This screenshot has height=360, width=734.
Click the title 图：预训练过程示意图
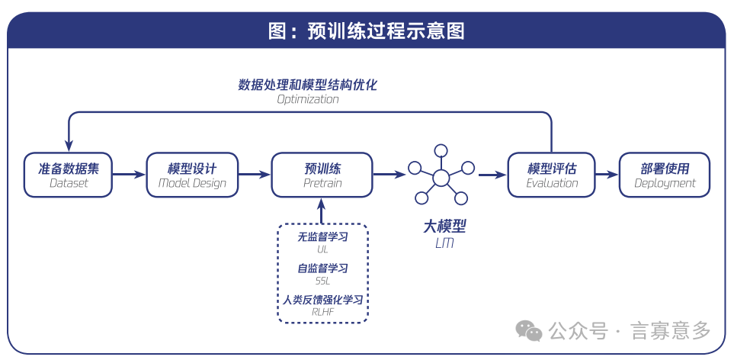pyautogui.click(x=367, y=31)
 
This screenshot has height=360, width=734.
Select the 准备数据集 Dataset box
pyautogui.click(x=69, y=175)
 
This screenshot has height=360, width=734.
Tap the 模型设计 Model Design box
pyautogui.click(x=192, y=175)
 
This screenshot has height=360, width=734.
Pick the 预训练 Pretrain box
pyautogui.click(x=322, y=175)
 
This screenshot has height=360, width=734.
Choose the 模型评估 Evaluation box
pyautogui.click(x=552, y=175)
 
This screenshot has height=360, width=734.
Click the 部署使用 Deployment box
pyautogui.click(x=665, y=175)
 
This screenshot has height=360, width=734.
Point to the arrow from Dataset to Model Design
pyautogui.click(x=129, y=175)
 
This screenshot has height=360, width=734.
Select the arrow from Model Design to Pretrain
pyautogui.click(x=255, y=175)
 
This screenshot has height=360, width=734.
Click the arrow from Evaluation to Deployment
pyautogui.click(x=607, y=175)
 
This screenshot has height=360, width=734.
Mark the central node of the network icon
pyautogui.click(x=441, y=178)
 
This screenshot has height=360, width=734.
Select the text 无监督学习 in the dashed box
pyautogui.click(x=322, y=237)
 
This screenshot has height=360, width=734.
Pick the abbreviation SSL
pyautogui.click(x=322, y=281)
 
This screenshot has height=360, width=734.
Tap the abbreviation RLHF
pyautogui.click(x=322, y=311)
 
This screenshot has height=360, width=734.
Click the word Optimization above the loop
pyautogui.click(x=308, y=99)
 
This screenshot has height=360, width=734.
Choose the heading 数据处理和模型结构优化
pyautogui.click(x=308, y=84)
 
